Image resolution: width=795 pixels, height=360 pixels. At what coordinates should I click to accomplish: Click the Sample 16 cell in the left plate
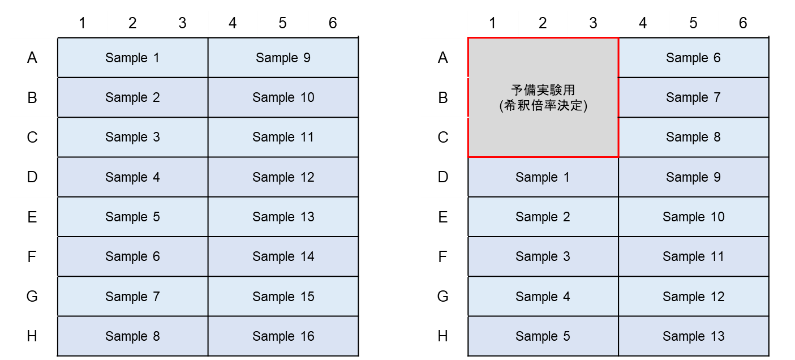(283, 336)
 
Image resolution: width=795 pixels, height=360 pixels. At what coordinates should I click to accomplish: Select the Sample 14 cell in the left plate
(283, 256)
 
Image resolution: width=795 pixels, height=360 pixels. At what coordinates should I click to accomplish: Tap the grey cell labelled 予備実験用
(543, 97)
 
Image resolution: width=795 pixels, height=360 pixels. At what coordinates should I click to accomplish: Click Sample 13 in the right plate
(694, 336)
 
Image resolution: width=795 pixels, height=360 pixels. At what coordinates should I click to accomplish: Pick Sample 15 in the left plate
(283, 296)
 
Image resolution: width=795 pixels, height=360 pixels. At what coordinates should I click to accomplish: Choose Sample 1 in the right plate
(543, 177)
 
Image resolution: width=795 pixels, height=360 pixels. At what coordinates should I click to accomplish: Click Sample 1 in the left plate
(133, 58)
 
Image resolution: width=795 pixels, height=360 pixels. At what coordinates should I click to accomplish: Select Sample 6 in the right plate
(694, 58)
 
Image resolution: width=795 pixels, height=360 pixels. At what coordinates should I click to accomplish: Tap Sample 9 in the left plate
(283, 58)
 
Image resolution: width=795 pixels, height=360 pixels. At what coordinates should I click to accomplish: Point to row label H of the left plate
(32, 336)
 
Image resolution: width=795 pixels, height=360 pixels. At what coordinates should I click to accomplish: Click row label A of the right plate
(442, 58)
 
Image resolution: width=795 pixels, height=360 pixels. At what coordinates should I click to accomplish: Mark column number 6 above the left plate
(333, 23)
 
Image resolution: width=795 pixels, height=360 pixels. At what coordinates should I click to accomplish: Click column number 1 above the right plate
(492, 23)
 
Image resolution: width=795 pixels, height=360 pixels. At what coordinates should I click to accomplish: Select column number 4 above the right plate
(643, 23)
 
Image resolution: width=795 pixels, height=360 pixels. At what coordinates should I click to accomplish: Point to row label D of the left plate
(32, 177)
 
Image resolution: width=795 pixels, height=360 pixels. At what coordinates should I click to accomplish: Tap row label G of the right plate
(442, 296)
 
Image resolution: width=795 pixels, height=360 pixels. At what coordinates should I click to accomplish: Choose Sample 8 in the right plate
(694, 137)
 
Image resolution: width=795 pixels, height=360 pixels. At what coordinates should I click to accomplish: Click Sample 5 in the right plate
(543, 336)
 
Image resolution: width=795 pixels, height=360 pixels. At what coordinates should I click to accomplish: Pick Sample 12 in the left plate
(283, 177)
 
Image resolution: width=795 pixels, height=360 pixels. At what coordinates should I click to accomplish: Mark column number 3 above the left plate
(182, 23)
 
